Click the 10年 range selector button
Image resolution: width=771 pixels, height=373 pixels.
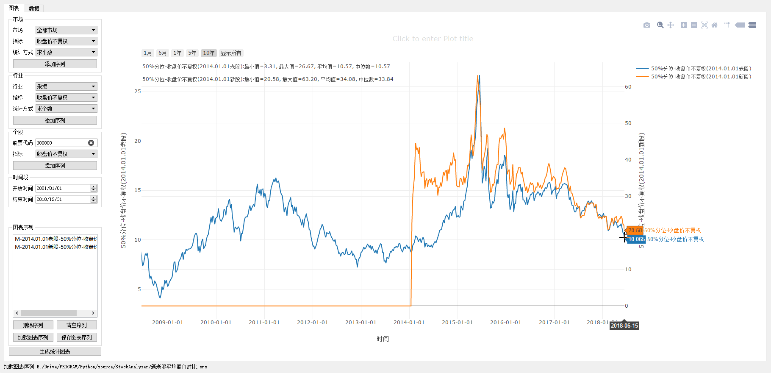coord(208,53)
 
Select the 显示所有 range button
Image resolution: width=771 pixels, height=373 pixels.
coord(231,53)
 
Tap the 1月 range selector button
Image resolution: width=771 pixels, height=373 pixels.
coord(147,53)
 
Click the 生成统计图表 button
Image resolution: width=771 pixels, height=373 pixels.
coord(55,351)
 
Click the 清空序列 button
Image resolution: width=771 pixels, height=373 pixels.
coord(77,325)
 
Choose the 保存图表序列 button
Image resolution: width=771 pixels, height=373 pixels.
coord(77,337)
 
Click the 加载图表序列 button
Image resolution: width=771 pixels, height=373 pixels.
coord(33,337)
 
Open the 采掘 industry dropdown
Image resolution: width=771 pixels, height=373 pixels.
coord(66,86)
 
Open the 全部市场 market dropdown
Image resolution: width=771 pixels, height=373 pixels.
coord(66,30)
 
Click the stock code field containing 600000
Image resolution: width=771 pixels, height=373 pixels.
coord(62,143)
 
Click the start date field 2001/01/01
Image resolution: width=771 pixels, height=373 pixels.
coord(63,188)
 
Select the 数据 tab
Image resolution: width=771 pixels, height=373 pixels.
coord(34,8)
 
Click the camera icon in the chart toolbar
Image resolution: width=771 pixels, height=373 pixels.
coord(646,25)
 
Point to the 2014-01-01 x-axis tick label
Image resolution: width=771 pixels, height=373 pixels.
coord(409,323)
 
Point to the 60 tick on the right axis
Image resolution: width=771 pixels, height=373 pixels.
coord(628,87)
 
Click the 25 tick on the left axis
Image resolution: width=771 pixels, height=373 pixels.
coord(138,92)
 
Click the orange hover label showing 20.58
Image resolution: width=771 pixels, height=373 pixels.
coord(635,230)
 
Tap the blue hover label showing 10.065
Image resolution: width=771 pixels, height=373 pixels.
coord(636,239)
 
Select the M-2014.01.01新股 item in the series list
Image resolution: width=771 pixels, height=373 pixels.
coord(55,247)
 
